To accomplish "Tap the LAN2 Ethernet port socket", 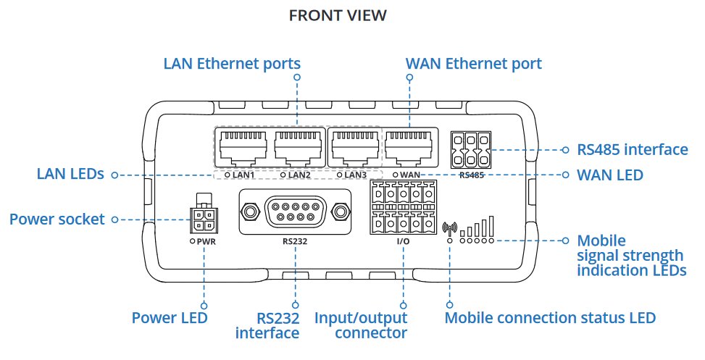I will [298, 148].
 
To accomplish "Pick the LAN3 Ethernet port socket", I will [354, 148].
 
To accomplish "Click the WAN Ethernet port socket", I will [409, 148].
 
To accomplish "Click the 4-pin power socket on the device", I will [203, 219].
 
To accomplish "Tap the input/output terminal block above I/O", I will [403, 209].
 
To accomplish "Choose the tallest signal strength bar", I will [491, 225].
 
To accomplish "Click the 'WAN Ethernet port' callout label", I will [473, 64].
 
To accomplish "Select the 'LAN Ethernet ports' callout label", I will [232, 64].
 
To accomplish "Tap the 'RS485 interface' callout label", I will [633, 150].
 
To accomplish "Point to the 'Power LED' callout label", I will [170, 318].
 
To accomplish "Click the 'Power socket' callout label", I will [57, 219].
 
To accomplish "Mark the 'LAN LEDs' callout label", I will [70, 175].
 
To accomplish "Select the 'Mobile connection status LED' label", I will [550, 318].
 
